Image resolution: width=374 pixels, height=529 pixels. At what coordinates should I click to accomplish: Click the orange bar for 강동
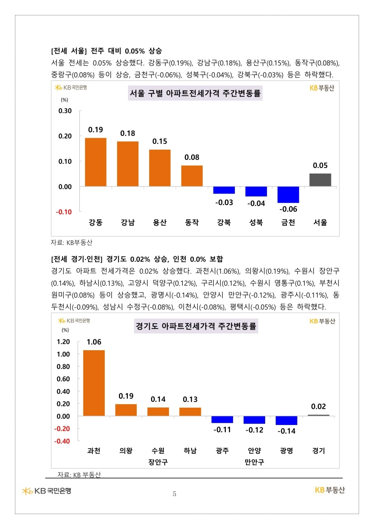point(96,162)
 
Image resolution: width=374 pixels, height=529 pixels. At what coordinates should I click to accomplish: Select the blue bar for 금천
point(288,195)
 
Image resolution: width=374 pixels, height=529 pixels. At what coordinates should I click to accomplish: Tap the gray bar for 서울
point(320,180)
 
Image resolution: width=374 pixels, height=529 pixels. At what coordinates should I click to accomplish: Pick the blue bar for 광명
point(286,421)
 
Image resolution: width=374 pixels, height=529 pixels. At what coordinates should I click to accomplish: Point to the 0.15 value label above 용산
point(160,141)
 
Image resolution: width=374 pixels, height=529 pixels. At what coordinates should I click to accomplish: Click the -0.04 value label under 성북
point(256,204)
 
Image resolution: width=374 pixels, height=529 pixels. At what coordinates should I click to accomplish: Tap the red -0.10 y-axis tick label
point(64,212)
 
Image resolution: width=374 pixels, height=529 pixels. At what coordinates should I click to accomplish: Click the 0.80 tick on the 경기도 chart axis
point(63,367)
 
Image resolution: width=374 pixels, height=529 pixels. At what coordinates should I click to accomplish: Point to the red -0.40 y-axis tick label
point(62,441)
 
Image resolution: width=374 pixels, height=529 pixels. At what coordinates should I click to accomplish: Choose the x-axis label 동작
point(192,222)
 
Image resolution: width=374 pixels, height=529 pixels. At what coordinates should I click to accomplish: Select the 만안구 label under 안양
point(254,462)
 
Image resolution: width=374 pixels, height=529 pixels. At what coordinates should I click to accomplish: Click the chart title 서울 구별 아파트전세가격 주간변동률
point(195,93)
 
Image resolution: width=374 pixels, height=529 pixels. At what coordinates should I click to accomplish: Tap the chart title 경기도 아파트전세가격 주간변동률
point(196,326)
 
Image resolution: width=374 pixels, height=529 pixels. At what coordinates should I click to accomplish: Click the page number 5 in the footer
point(174,493)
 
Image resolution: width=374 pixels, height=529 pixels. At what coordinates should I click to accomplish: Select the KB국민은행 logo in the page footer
point(46,491)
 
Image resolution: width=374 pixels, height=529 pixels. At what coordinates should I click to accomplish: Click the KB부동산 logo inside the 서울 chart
point(322,88)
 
